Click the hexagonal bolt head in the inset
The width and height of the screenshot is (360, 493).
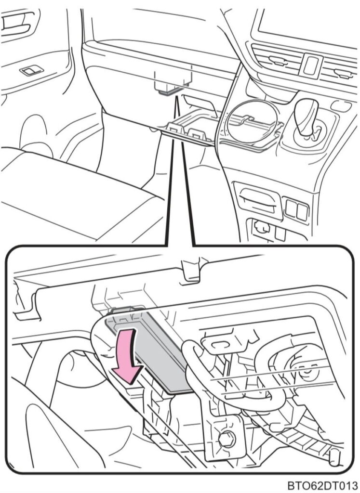coord(227,439)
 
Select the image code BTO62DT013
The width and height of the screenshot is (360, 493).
coord(322,485)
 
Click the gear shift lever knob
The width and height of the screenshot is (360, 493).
coord(306,117)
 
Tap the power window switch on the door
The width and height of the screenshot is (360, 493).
coord(31,70)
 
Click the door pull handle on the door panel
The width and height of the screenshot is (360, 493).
coord(17,24)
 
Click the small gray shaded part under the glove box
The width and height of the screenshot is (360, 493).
coord(168,91)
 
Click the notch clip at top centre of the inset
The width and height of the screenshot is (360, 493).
coord(191,271)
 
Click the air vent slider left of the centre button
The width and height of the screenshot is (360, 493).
coord(279,61)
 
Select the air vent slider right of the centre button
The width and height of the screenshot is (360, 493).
coord(343,74)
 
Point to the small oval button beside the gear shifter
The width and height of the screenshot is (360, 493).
coord(341,106)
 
